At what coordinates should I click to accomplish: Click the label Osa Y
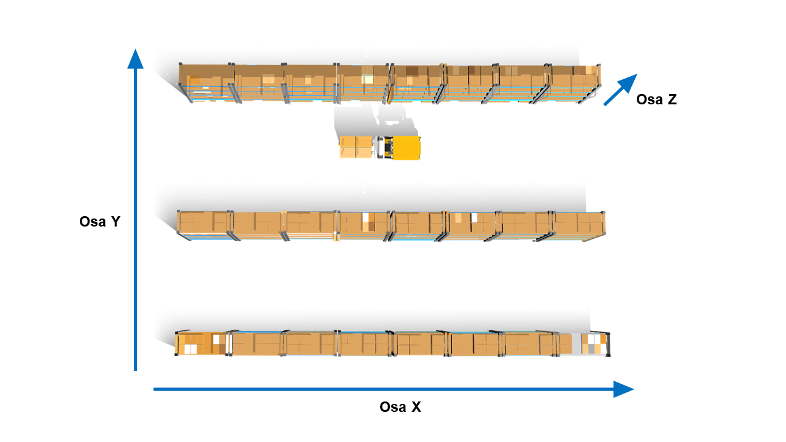pyautogui.click(x=100, y=222)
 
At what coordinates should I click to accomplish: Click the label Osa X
pyautogui.click(x=400, y=407)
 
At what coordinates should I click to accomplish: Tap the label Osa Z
pyautogui.click(x=656, y=99)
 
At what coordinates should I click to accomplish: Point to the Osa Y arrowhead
pyautogui.click(x=135, y=59)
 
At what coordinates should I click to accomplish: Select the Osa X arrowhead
pyautogui.click(x=623, y=389)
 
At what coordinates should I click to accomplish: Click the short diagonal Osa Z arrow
pyautogui.click(x=620, y=90)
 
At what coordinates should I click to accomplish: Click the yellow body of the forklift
pyautogui.click(x=407, y=148)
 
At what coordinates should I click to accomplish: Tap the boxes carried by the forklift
pyautogui.click(x=356, y=147)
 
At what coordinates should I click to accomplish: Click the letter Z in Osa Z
pyautogui.click(x=672, y=99)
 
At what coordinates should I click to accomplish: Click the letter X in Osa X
pyautogui.click(x=416, y=407)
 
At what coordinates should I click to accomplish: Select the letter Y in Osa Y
pyautogui.click(x=115, y=222)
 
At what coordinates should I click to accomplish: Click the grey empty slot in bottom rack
pyautogui.click(x=577, y=344)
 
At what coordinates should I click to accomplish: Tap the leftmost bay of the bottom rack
pyautogui.click(x=203, y=343)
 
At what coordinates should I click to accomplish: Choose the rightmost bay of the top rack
pyautogui.click(x=574, y=83)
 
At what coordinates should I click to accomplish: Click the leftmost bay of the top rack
pyautogui.click(x=206, y=83)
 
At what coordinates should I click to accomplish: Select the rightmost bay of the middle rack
pyautogui.click(x=579, y=225)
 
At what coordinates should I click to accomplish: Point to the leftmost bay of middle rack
pyautogui.click(x=204, y=225)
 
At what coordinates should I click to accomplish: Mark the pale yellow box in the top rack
pyautogui.click(x=367, y=79)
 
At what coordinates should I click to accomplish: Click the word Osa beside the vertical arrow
pyautogui.click(x=93, y=222)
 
